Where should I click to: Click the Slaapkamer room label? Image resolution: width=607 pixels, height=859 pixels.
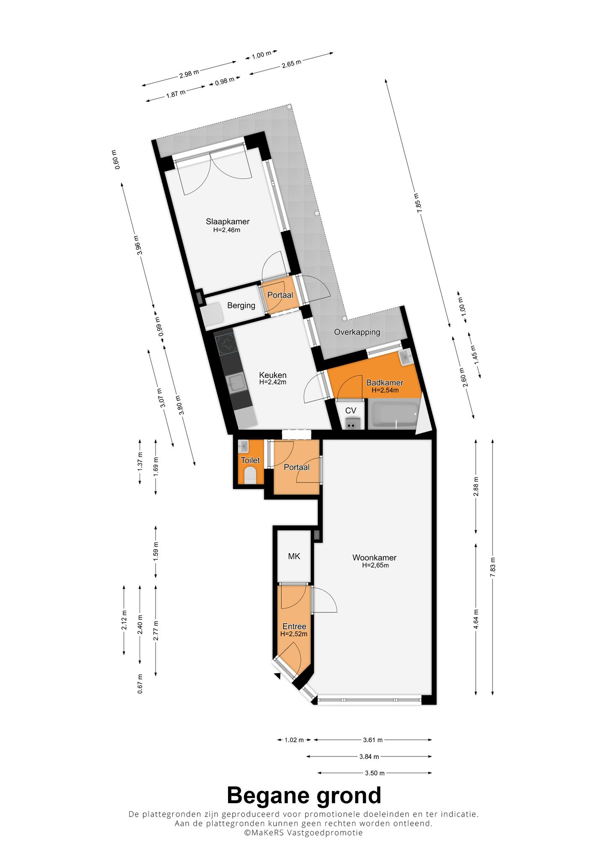coord(228,221)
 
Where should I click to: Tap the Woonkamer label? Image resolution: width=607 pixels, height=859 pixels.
coord(374,557)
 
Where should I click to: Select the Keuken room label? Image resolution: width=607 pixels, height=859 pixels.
coord(272,375)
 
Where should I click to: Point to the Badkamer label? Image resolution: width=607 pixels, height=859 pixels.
coord(385,383)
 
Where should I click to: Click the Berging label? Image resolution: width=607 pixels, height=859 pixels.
coord(241,305)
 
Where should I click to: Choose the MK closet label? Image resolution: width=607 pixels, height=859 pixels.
coord(294,556)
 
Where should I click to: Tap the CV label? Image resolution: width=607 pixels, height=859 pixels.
coord(351,411)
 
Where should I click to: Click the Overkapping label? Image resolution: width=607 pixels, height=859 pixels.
coord(357,332)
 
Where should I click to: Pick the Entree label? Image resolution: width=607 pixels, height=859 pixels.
coord(294,627)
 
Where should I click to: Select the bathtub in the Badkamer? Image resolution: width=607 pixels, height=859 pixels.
coord(393,414)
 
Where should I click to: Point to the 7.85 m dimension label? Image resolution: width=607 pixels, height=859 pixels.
coord(418,203)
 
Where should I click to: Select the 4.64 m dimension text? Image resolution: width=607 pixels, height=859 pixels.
coord(476,618)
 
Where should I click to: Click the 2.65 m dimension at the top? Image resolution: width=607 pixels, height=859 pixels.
coord(291,64)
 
